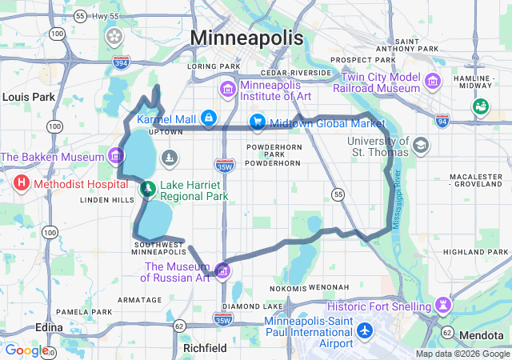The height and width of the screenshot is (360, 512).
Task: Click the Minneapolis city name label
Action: pyautogui.click(x=246, y=38)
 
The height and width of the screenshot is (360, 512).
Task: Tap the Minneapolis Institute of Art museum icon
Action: pyautogui.click(x=227, y=86)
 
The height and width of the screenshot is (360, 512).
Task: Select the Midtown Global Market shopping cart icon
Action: pyautogui.click(x=258, y=122)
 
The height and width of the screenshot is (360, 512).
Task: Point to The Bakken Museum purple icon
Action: pyautogui.click(x=117, y=154)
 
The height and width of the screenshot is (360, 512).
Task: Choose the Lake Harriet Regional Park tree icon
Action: pyautogui.click(x=147, y=190)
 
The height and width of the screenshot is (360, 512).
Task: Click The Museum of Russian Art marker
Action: pyautogui.click(x=222, y=269)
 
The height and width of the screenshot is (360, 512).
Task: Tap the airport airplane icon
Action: pyautogui.click(x=365, y=330)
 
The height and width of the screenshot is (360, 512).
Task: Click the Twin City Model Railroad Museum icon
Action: pyautogui.click(x=433, y=81)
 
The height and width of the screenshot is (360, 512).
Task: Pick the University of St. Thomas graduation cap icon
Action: pyautogui.click(x=420, y=146)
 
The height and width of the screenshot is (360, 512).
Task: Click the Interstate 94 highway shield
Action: pyautogui.click(x=442, y=120)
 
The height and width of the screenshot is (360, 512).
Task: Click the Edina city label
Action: pyautogui.click(x=50, y=328)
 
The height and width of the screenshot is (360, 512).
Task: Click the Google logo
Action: pyautogui.click(x=26, y=350)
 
